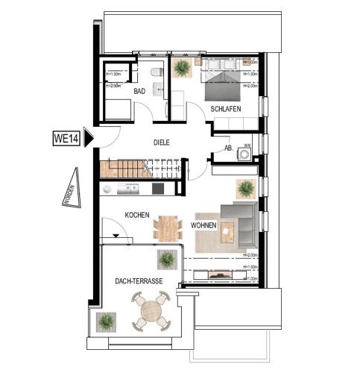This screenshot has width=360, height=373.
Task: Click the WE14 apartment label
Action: pyautogui.click(x=65, y=137)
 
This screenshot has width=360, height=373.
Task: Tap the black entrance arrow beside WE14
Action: pyautogui.click(x=88, y=137)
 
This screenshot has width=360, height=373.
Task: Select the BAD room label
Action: pyautogui.click(x=139, y=92)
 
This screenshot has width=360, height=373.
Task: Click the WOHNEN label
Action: pyautogui.click(x=204, y=225)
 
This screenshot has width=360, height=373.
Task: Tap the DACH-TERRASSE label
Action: pyautogui.click(x=135, y=281)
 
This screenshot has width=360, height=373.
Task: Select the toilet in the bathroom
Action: pyautogui.click(x=157, y=72)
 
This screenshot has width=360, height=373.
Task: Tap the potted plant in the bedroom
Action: pyautogui.click(x=181, y=69)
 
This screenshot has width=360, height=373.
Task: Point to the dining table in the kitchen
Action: pyautogui.click(x=168, y=226)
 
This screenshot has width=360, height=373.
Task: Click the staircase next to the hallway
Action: pyautogui.click(x=126, y=168)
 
